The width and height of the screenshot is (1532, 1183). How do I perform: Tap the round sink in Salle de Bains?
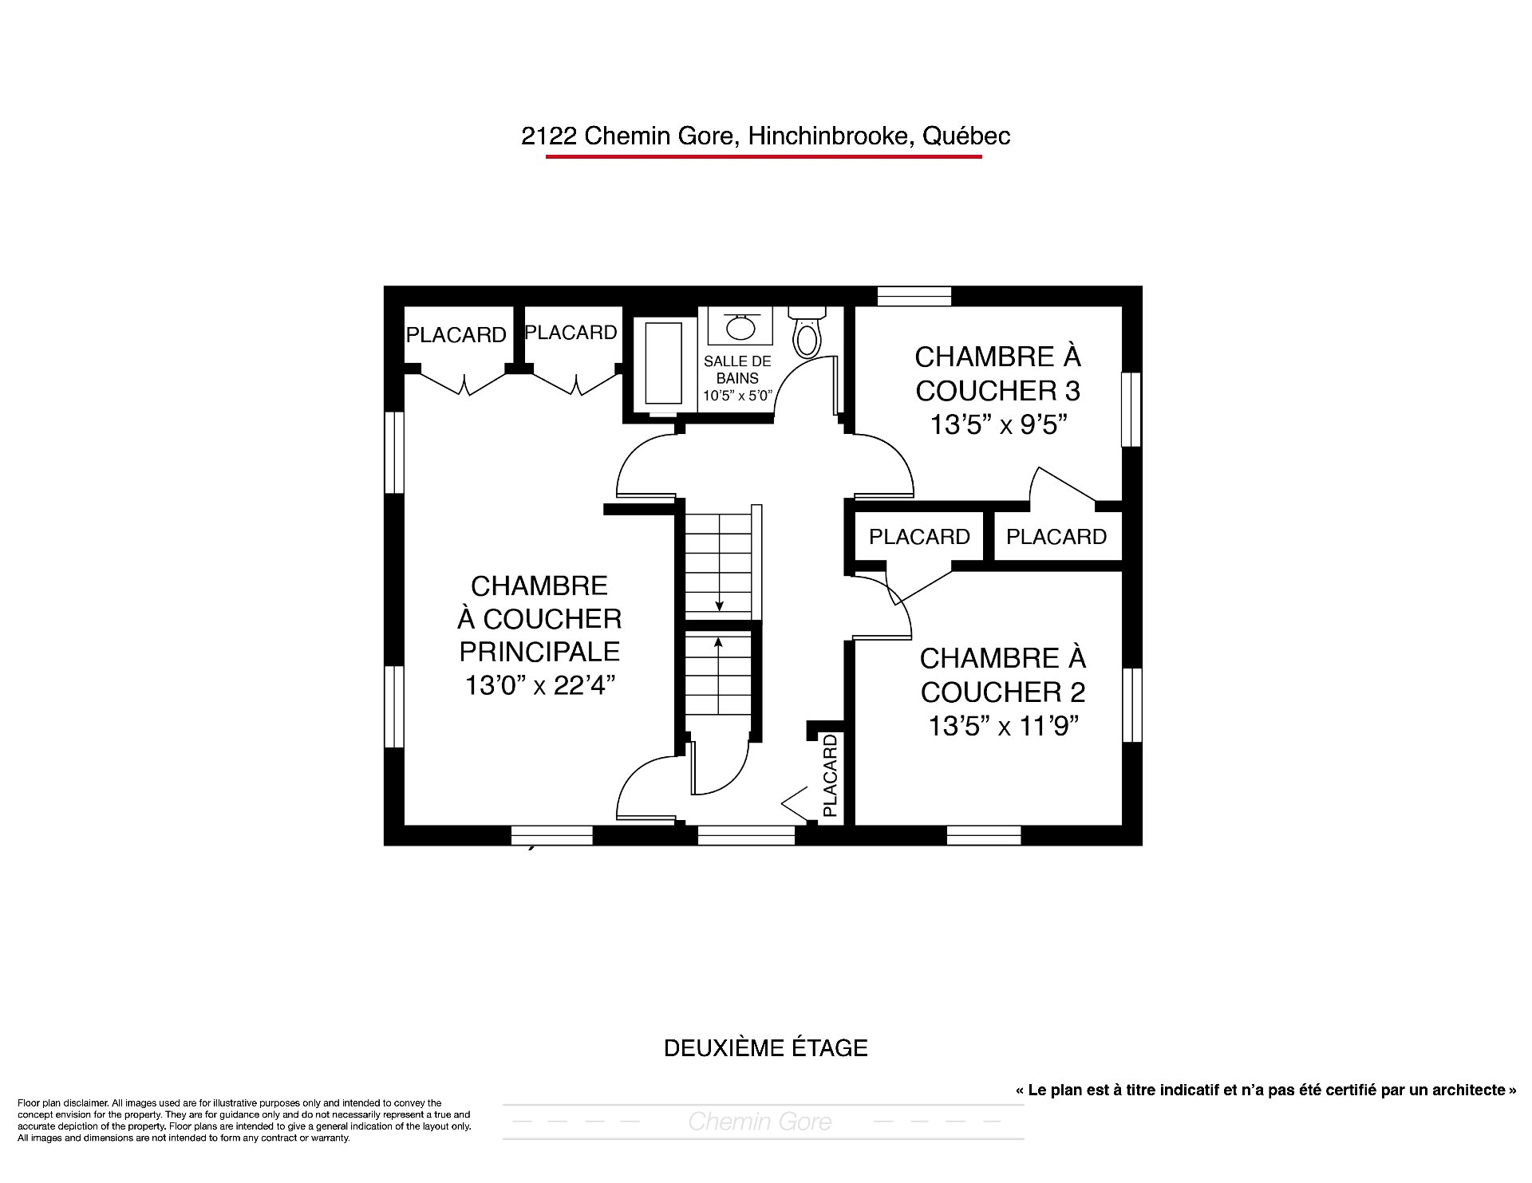click(x=741, y=326)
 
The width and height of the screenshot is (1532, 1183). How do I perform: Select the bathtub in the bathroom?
click(x=664, y=363)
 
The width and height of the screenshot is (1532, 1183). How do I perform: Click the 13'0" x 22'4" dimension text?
click(x=540, y=685)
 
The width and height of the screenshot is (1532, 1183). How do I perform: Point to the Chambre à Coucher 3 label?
click(x=998, y=373)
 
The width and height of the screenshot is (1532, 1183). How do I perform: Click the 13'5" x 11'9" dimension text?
click(x=1002, y=726)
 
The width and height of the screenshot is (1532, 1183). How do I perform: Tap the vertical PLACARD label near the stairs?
click(x=831, y=776)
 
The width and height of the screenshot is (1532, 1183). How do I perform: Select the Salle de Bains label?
click(x=737, y=369)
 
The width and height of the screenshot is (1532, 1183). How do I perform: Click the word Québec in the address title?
click(x=966, y=136)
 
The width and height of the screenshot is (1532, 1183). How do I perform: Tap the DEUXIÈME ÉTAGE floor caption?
click(x=766, y=1047)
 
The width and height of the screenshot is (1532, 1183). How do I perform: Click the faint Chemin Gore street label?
click(x=760, y=1122)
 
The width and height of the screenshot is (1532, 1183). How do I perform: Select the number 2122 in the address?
click(x=549, y=136)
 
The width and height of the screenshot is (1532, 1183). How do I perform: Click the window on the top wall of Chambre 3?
click(x=914, y=296)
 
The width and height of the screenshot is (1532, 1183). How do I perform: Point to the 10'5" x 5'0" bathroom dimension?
click(x=738, y=395)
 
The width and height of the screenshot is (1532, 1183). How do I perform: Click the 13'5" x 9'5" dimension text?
click(x=999, y=425)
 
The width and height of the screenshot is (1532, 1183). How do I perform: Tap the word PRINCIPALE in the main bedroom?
click(x=539, y=652)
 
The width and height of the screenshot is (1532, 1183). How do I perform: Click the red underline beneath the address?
click(x=764, y=156)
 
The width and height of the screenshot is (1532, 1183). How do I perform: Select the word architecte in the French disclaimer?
click(x=1466, y=1090)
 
